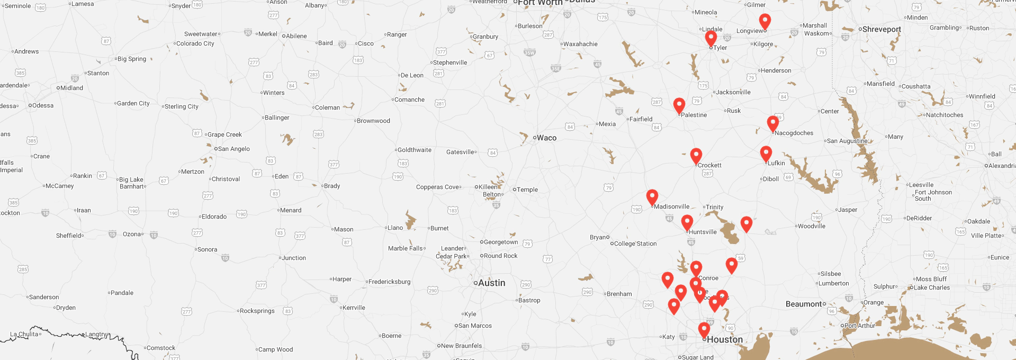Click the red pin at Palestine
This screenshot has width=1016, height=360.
679,104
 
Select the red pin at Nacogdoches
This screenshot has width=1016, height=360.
773,123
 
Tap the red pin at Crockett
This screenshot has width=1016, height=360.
696,155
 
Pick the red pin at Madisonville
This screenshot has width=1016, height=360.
652,196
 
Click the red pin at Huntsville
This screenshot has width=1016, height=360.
687,221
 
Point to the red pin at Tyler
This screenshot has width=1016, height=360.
711,37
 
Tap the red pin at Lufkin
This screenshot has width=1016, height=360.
766,152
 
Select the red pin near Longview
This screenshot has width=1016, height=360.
765,21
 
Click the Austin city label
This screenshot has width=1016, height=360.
491,283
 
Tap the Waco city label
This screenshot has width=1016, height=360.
546,138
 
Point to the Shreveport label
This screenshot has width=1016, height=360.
881,29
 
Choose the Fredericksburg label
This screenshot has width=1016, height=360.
389,282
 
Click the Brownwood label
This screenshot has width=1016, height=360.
373,121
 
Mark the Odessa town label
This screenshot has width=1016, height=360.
42,105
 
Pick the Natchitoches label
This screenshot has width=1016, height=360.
944,115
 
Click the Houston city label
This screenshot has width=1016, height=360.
724,339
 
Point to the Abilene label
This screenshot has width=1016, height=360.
296,36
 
